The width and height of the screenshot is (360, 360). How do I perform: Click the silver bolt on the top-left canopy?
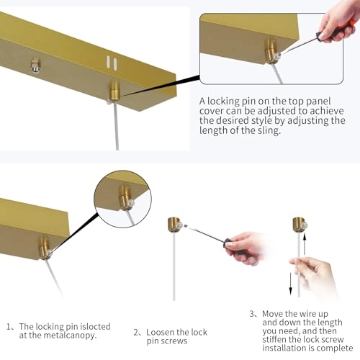tap(35, 66)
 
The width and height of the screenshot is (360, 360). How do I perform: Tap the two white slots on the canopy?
tap(112, 63)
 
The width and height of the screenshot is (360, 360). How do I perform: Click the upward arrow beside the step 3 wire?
tap(305, 244)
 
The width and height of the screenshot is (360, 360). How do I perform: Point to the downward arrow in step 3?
tap(290, 284)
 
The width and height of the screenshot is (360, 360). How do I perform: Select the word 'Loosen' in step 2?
tap(160, 332)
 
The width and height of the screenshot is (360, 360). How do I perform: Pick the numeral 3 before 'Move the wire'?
tap(252, 314)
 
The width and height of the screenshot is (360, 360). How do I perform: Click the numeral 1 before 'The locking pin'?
tap(9, 326)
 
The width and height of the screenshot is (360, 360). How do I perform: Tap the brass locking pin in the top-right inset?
tap(272, 51)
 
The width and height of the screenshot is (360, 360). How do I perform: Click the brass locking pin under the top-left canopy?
tap(114, 91)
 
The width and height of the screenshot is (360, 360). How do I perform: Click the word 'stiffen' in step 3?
tap(274, 339)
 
